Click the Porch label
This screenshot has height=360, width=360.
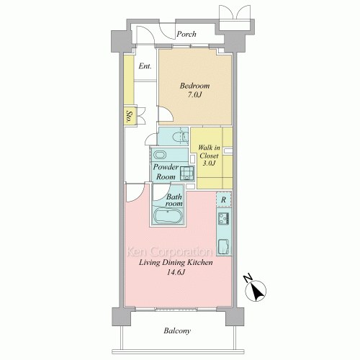186,34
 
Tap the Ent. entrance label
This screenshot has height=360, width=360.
145,66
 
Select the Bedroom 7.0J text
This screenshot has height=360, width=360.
194,90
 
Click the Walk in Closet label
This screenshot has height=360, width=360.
209,151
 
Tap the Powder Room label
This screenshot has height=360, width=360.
166,172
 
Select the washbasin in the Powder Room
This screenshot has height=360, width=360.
160,155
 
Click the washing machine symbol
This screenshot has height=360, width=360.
187,174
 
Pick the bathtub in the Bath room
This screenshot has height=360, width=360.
168,216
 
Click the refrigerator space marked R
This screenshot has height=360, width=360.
224,199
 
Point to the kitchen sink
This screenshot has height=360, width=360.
224,247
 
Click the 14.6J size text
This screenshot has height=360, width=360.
176,272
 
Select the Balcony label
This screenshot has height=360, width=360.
177,330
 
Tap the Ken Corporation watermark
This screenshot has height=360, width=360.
178,252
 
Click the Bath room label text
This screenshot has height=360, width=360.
174,200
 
